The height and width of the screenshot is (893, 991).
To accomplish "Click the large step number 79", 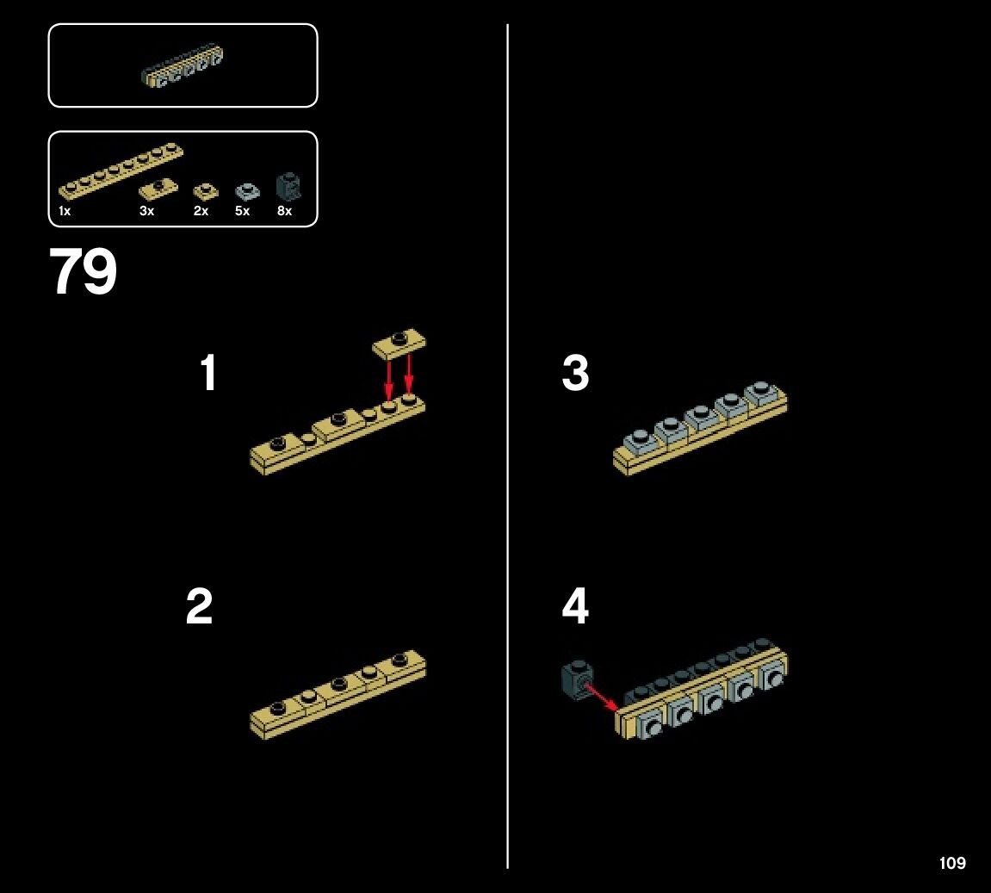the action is tap(83, 272).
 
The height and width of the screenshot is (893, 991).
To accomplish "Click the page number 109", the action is tap(952, 863).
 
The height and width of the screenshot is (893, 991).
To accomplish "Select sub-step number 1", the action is tap(207, 375).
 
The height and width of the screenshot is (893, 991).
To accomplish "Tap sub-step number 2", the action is tap(199, 608).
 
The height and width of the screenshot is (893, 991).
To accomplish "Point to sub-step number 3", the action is tap(575, 375).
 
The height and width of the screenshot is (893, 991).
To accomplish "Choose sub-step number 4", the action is tap(575, 608).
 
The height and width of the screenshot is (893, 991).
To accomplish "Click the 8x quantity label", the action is tap(284, 211).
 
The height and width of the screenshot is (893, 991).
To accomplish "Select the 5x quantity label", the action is tap(242, 211).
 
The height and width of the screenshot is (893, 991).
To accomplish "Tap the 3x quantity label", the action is tap(146, 211).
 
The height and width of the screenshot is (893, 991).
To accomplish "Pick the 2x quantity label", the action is tap(201, 211).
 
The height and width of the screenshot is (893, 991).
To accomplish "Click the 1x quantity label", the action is tap(65, 211).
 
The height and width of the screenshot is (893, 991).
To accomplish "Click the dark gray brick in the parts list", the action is tap(287, 186).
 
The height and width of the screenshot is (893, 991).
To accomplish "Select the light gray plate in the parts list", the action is tap(247, 191).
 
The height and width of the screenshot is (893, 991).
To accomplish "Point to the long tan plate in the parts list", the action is tap(121, 171).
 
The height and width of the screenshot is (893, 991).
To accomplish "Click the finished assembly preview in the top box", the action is tap(183, 67).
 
